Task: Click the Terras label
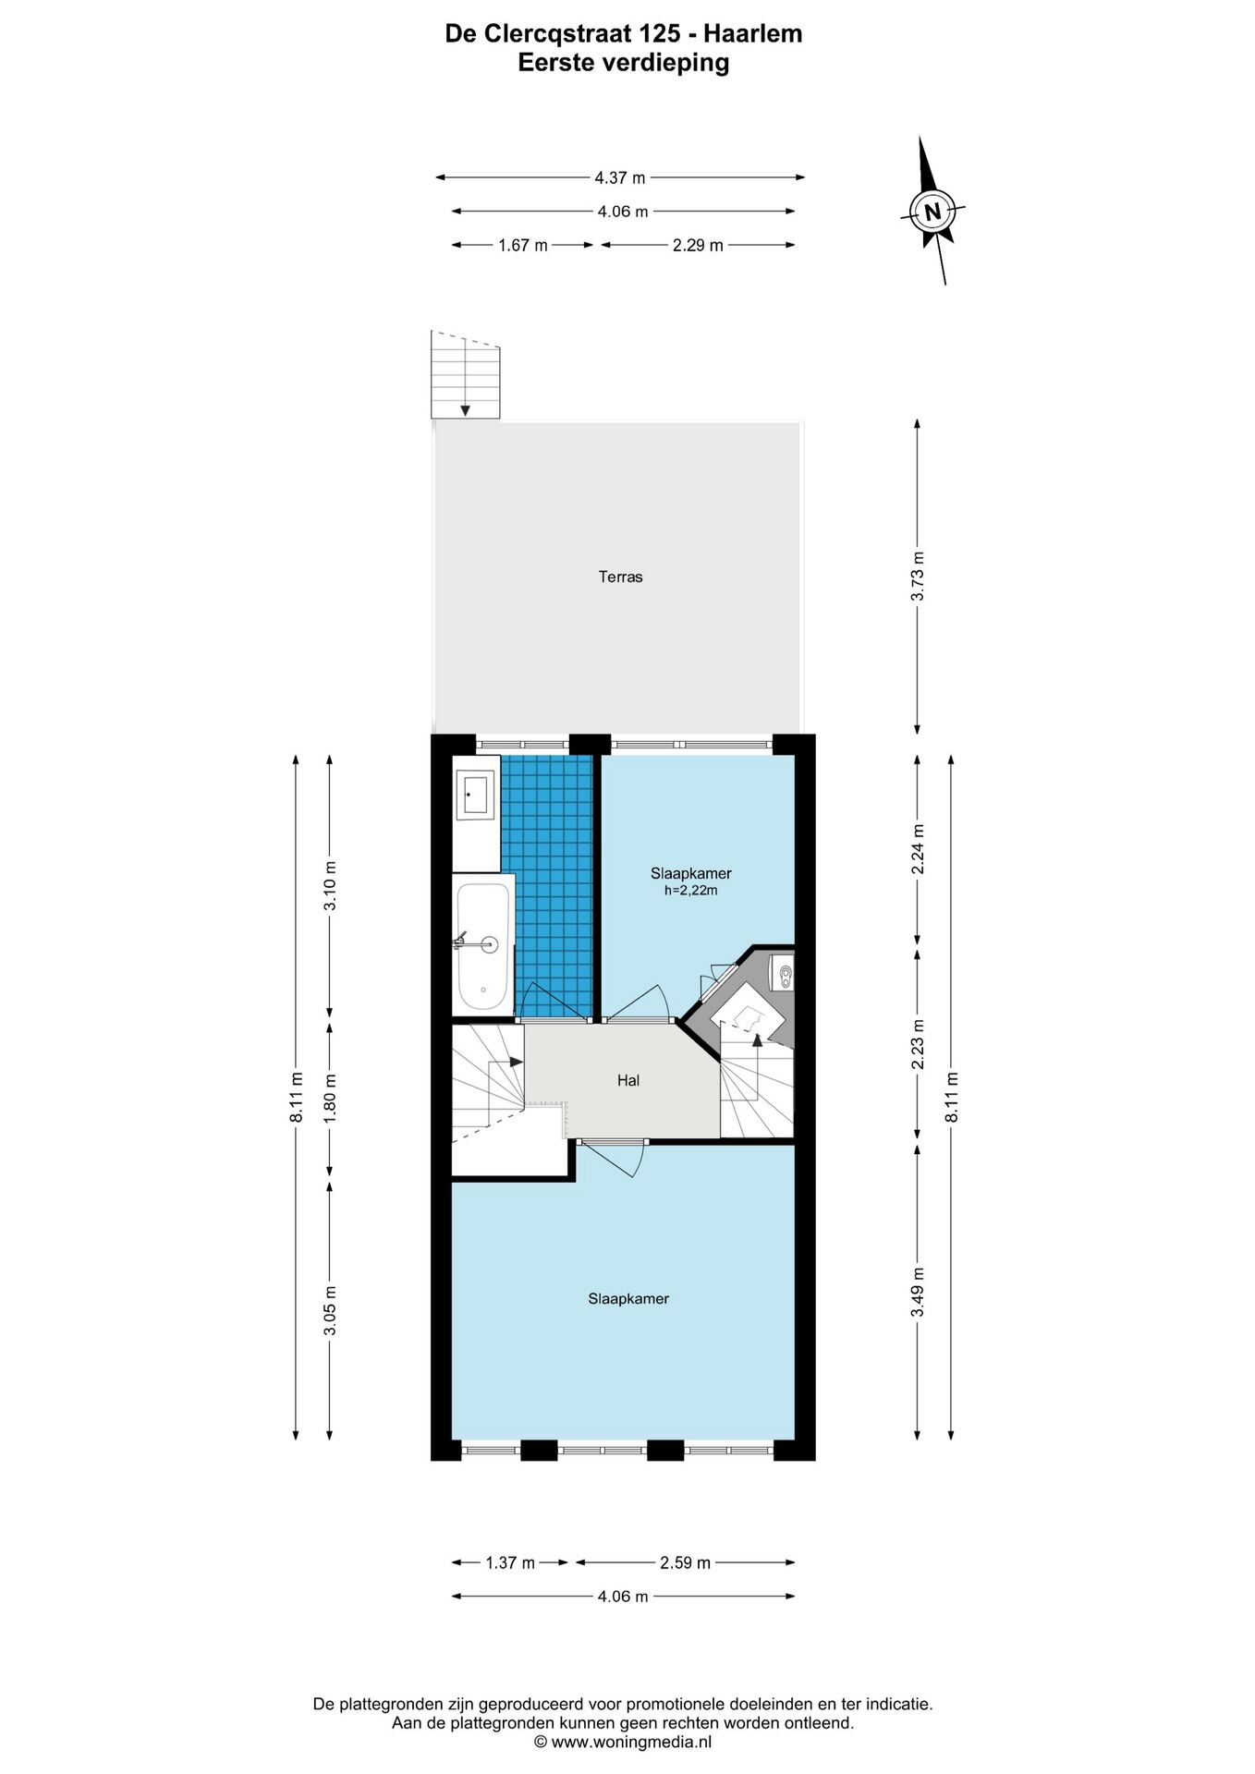tap(620, 577)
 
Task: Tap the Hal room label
tap(628, 1080)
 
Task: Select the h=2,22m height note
tap(691, 891)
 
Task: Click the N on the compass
tap(932, 212)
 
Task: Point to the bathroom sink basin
tap(475, 795)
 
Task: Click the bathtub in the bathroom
tap(482, 945)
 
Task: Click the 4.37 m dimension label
tap(620, 177)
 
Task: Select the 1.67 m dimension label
tap(523, 246)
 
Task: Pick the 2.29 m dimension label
tap(698, 246)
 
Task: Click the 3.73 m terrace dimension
tap(918, 577)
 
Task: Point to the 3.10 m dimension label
tap(330, 886)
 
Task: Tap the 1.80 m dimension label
tap(330, 1098)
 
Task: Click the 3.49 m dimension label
tap(918, 1293)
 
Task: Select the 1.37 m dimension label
tap(510, 1563)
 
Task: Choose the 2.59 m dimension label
tap(685, 1563)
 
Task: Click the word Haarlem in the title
tap(753, 34)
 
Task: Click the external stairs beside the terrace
tap(466, 375)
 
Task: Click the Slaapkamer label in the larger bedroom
tap(628, 1299)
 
